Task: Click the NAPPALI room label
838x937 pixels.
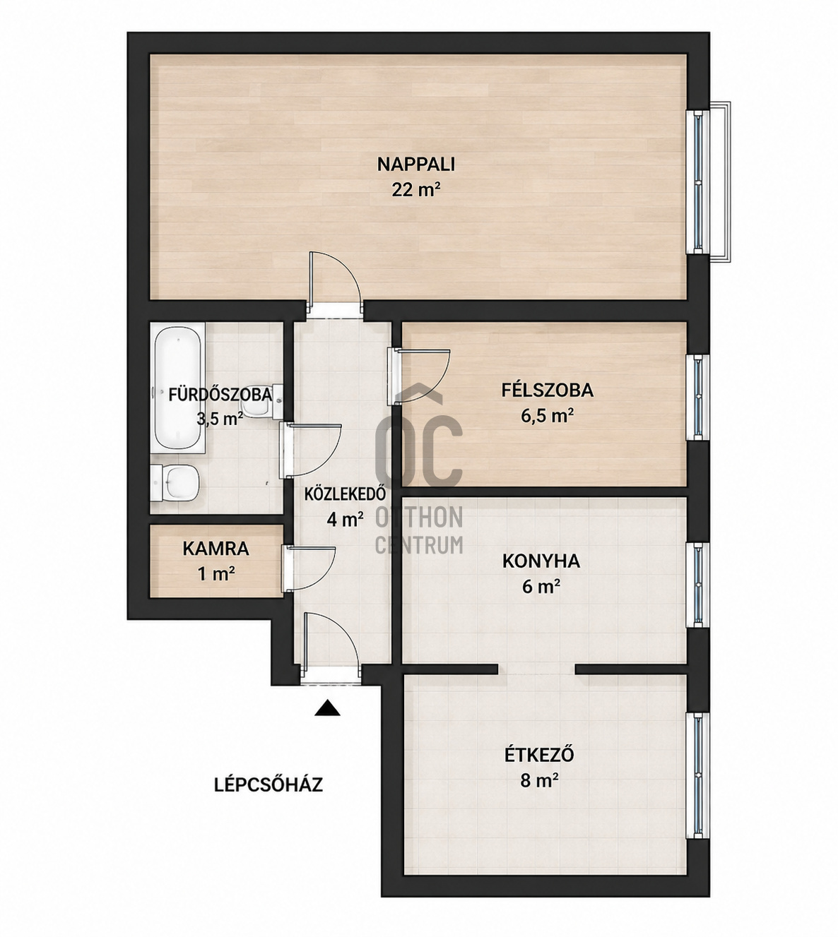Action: click(416, 165)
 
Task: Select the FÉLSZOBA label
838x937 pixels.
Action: click(547, 390)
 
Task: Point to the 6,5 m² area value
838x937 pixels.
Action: click(548, 416)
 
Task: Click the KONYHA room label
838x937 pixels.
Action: click(541, 561)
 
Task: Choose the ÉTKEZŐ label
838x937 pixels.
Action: click(539, 755)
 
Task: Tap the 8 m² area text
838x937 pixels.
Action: click(539, 781)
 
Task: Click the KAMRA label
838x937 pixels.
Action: click(216, 549)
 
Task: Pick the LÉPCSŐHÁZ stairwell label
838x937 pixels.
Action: click(268, 784)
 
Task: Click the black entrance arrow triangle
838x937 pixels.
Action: click(327, 708)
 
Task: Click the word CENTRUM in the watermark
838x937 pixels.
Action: click(419, 545)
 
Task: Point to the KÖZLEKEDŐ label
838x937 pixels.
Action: click(345, 494)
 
